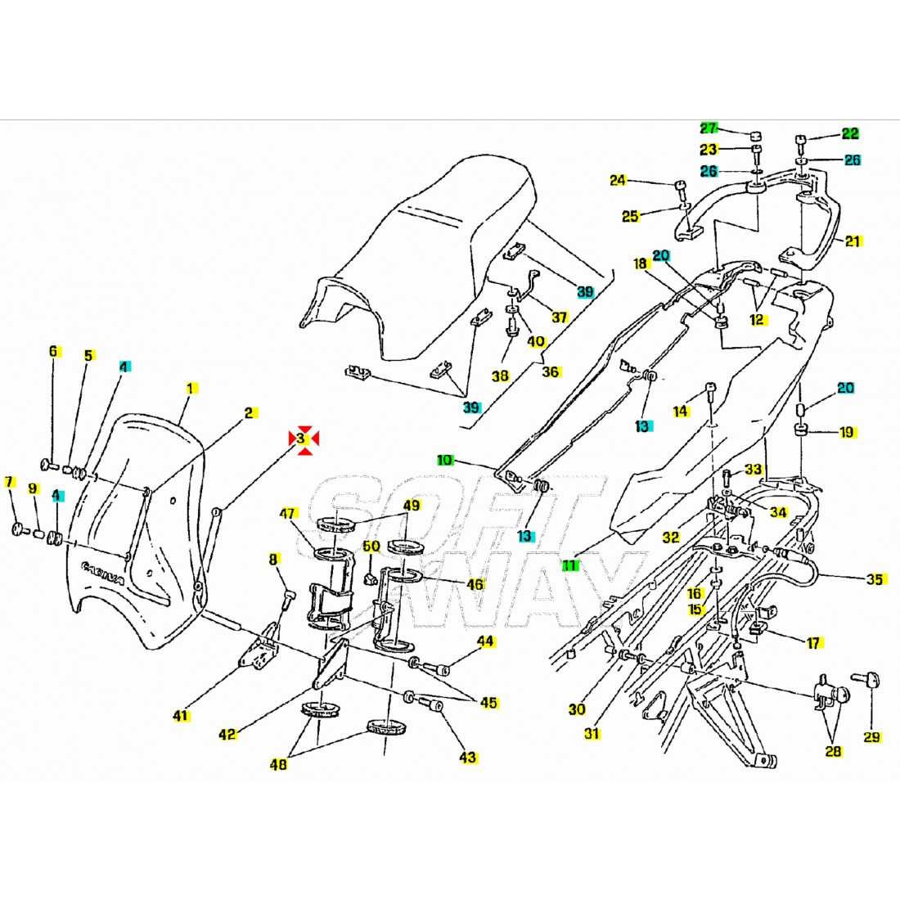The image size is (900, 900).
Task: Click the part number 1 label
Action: (190, 388)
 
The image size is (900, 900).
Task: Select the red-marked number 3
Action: (301, 439)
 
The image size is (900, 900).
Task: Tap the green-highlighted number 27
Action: (709, 128)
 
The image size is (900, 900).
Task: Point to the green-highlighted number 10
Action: (444, 461)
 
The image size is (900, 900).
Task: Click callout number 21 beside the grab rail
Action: (853, 241)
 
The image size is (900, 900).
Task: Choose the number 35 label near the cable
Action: (875, 580)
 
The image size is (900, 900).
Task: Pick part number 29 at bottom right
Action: (872, 737)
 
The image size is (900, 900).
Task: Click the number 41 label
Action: (181, 716)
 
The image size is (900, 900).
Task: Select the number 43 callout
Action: (467, 758)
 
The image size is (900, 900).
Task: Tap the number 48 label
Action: (278, 764)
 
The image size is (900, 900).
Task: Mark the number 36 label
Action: (551, 371)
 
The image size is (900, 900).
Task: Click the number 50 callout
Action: (371, 546)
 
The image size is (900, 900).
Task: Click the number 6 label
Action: (54, 352)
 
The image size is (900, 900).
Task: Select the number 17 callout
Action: (813, 643)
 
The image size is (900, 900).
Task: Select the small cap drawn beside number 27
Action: (756, 134)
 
